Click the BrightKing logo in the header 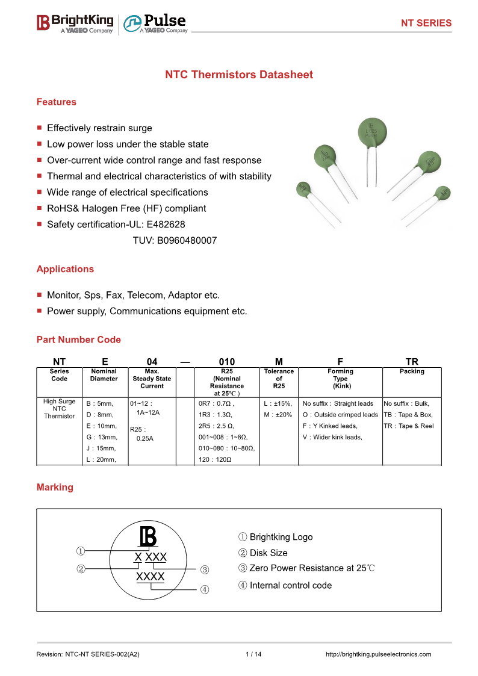tap(75, 23)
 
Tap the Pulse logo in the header tap(155, 23)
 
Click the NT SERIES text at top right tap(426, 23)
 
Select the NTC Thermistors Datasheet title tap(239, 75)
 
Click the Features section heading tap(57, 102)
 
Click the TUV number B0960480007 tap(175, 240)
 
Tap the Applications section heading tap(65, 269)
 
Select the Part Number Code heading tap(78, 340)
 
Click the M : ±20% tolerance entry tap(278, 415)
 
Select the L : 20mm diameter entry tap(101, 460)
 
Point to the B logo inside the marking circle tap(147, 537)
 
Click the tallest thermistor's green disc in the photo tap(371, 132)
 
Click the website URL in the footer tap(378, 654)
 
